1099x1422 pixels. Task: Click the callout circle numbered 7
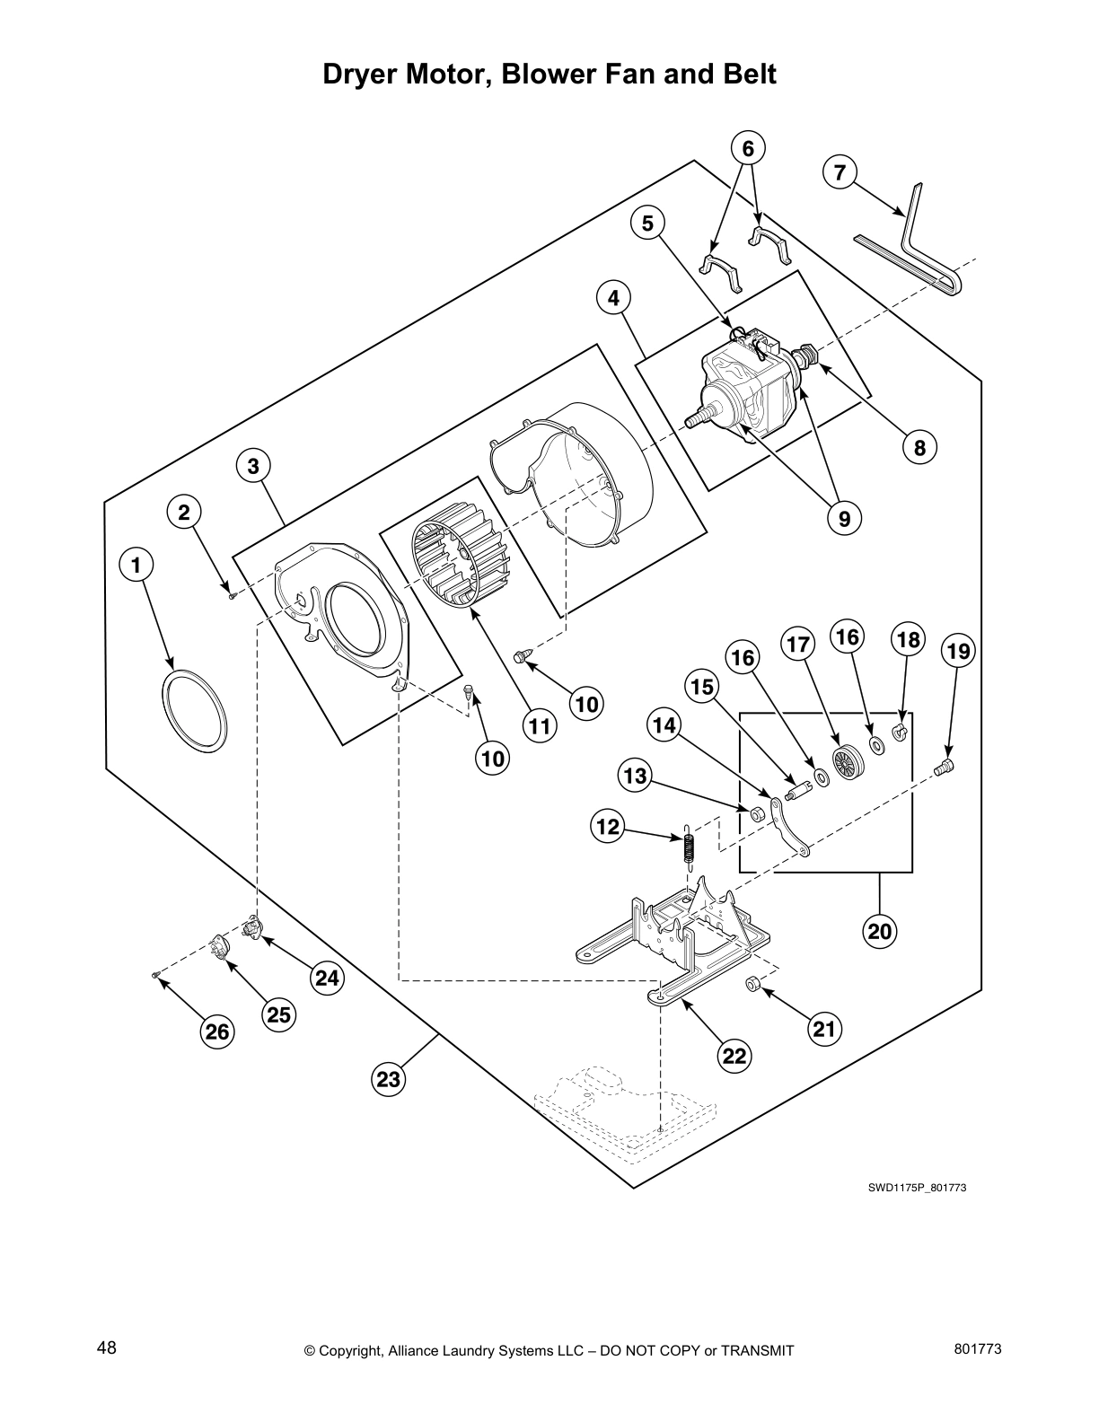[x=840, y=172]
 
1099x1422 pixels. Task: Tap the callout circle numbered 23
[x=388, y=1079]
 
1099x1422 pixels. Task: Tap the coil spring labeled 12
[x=688, y=846]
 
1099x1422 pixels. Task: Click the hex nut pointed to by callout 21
[x=753, y=986]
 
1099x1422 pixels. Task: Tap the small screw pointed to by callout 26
[x=155, y=975]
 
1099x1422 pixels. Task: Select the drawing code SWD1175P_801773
[x=916, y=1188]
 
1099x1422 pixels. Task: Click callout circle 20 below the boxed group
[x=880, y=931]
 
